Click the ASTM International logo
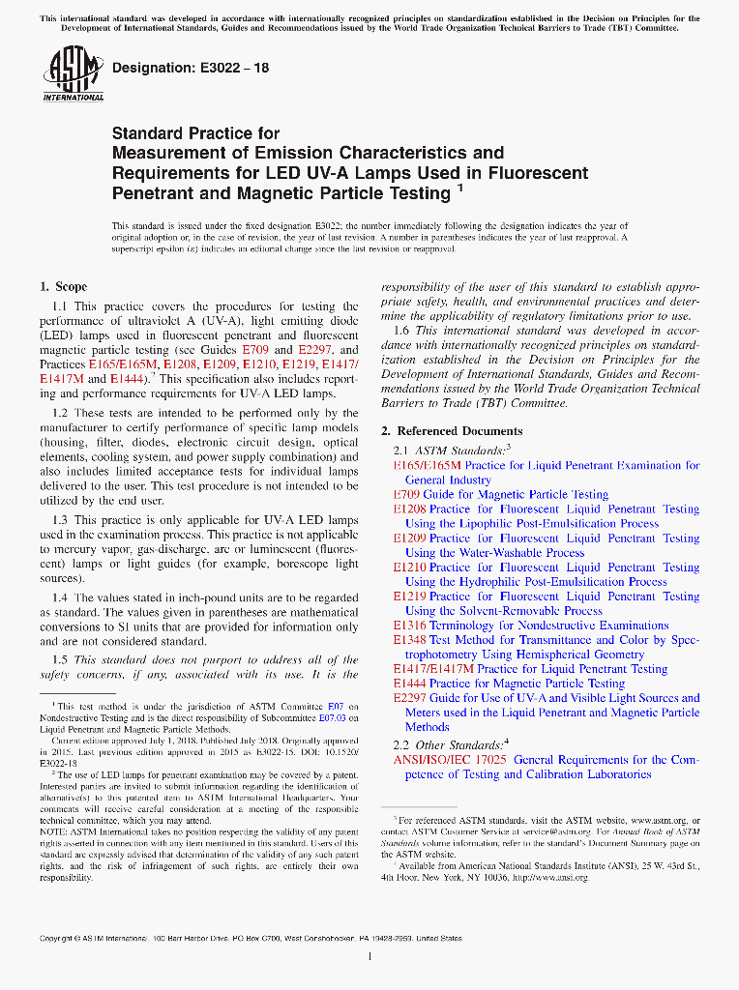pyautogui.click(x=74, y=74)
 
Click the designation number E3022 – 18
pyautogui.click(x=191, y=68)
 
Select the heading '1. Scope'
pyautogui.click(x=63, y=286)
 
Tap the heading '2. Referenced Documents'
pyautogui.click(x=452, y=431)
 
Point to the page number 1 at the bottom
pyautogui.click(x=370, y=957)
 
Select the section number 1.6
pyautogui.click(x=402, y=331)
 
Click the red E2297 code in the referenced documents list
pyautogui.click(x=409, y=698)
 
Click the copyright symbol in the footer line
pyautogui.click(x=67, y=939)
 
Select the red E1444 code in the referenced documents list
pyautogui.click(x=409, y=684)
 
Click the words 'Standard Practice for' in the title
pyautogui.click(x=196, y=133)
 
